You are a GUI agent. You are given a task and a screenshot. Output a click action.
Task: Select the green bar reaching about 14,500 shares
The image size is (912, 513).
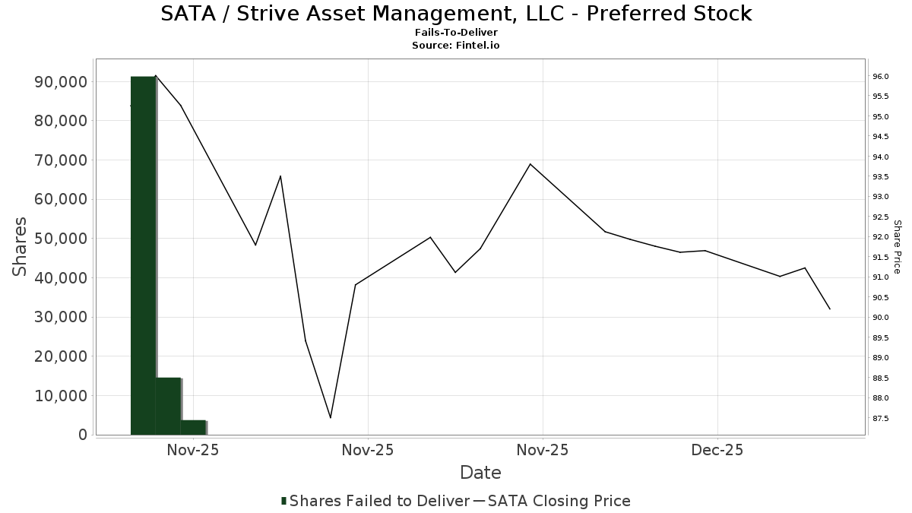[168, 406]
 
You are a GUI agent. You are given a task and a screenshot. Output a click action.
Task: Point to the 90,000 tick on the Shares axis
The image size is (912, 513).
[62, 82]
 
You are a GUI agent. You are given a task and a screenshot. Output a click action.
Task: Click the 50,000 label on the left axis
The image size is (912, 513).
[62, 239]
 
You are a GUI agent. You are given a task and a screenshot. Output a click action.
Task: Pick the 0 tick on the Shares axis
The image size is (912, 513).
[81, 435]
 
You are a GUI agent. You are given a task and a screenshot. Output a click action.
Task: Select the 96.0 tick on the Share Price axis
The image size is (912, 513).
[881, 77]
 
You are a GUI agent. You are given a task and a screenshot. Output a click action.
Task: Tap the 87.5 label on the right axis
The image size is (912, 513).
[881, 418]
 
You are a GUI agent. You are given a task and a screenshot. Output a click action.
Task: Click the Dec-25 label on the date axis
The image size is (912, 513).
[717, 450]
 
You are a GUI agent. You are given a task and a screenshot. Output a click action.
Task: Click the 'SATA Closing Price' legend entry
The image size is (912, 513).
[559, 501]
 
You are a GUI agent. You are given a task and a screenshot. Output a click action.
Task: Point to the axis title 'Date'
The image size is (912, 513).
[480, 473]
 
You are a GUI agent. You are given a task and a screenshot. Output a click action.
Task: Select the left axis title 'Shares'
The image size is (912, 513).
[20, 247]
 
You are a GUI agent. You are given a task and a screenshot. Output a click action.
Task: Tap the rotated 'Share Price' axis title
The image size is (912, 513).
[897, 247]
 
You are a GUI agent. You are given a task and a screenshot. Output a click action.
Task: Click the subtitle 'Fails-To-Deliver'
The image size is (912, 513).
[456, 33]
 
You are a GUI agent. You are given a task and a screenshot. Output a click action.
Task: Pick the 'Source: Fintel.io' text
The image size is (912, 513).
[456, 46]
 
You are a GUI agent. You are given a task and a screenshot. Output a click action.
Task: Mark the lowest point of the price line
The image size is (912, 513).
[331, 417]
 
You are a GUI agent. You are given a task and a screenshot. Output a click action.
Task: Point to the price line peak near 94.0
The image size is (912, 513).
[530, 164]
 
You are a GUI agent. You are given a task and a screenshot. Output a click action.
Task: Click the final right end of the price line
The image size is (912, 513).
[830, 309]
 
